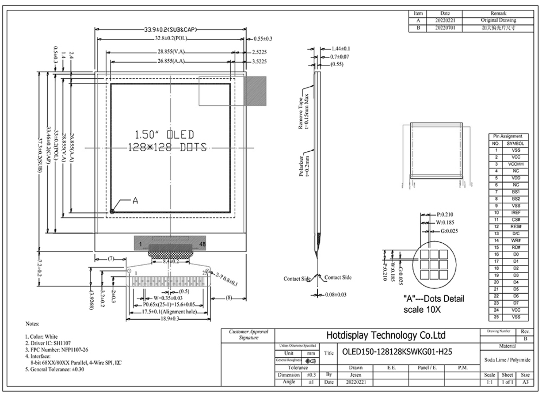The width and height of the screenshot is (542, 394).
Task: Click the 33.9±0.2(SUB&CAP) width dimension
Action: tap(171, 29)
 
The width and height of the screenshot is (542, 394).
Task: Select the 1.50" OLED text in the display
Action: tap(164, 135)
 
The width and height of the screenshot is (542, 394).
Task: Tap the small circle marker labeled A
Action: tap(112, 211)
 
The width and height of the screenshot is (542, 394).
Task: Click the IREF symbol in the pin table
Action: tap(516, 213)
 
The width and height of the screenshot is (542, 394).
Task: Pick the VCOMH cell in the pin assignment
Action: tap(516, 164)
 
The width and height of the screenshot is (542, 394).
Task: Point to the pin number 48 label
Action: tap(202, 244)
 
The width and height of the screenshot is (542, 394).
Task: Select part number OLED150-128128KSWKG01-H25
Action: tap(397, 352)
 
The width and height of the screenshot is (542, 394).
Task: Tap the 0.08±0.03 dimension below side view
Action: tap(335, 295)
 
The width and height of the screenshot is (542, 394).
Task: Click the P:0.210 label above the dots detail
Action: tap(445, 214)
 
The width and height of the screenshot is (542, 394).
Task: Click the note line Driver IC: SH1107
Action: tap(48, 343)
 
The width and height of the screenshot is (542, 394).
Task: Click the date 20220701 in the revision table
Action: tap(445, 28)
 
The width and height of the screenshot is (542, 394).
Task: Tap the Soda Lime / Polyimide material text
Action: tap(507, 360)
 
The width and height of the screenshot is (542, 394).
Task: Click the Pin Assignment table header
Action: tap(508, 136)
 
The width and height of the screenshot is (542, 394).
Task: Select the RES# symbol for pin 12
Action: tap(516, 226)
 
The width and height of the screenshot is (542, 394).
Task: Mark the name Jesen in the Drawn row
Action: tap(355, 375)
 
